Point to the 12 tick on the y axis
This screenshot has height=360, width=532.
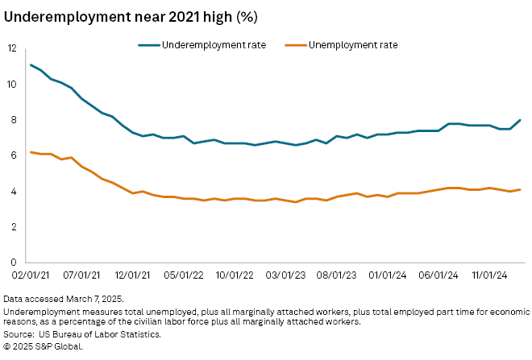click(x=11, y=48)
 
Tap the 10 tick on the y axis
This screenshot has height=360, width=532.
click(x=11, y=84)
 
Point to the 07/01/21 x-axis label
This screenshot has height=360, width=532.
click(x=81, y=275)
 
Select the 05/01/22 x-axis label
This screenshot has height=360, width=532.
click(x=183, y=275)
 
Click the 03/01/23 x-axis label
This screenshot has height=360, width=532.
click(x=285, y=275)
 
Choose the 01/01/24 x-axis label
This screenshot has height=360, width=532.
click(x=388, y=275)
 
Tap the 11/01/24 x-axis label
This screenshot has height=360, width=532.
click(x=489, y=275)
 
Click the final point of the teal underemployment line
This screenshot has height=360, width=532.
click(x=520, y=120)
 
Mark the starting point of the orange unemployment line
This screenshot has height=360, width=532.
click(x=31, y=152)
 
